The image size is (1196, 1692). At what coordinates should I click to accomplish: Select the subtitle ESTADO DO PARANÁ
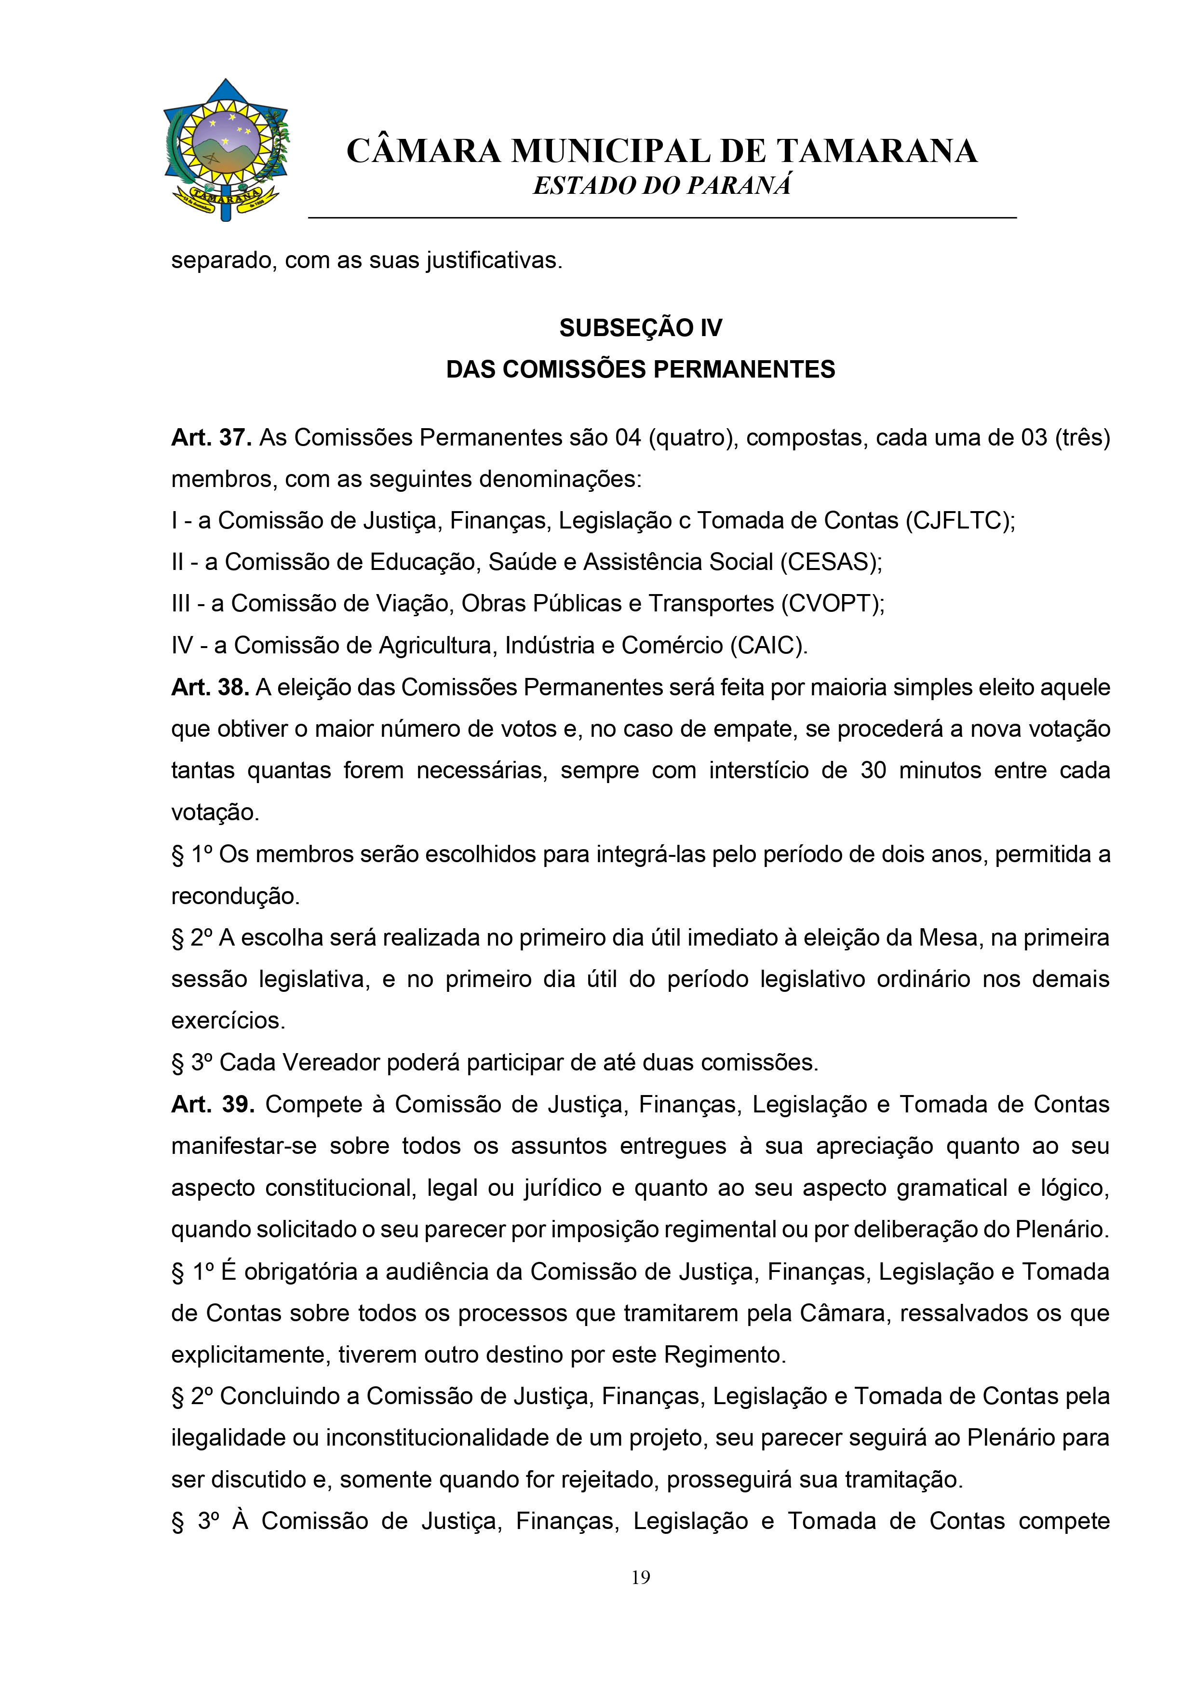(x=662, y=186)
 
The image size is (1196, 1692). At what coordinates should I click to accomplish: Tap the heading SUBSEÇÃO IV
(x=640, y=328)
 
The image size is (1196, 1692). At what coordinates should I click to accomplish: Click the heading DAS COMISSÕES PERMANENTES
(x=640, y=369)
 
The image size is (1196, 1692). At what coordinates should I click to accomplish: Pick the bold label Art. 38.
(x=210, y=688)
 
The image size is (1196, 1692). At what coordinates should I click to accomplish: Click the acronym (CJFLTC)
(x=958, y=521)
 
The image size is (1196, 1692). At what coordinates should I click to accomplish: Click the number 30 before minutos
(x=873, y=771)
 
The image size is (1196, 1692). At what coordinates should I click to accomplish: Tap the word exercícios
(x=228, y=1021)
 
